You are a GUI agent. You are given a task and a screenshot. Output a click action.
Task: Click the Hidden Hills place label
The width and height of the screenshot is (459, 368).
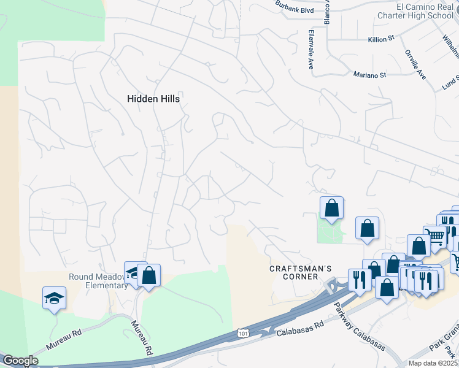[x=156, y=98]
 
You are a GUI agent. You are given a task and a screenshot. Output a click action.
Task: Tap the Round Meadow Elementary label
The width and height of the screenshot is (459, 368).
[x=98, y=280]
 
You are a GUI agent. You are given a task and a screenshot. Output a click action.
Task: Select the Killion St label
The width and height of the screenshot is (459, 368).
[x=380, y=39]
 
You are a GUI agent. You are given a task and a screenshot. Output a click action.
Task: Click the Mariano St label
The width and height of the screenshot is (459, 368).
[x=369, y=75]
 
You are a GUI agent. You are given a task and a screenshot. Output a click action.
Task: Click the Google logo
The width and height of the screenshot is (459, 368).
[x=20, y=361]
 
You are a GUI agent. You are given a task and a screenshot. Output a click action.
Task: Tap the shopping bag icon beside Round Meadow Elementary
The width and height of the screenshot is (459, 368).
[x=148, y=275]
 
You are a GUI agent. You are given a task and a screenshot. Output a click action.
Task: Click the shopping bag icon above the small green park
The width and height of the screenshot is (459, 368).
[x=331, y=208]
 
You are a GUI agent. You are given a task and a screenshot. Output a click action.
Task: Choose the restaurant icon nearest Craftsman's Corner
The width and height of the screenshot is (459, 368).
[x=359, y=280]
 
